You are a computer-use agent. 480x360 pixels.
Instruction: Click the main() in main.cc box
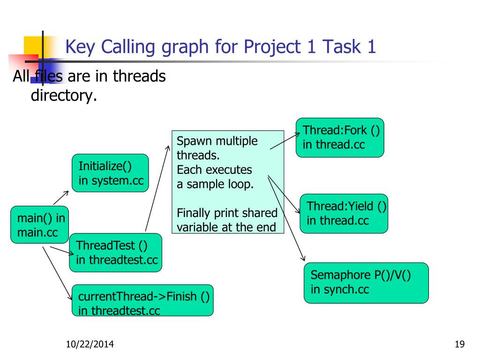pyautogui.click(x=40, y=225)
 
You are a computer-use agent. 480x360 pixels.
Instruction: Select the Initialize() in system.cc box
pyautogui.click(x=110, y=173)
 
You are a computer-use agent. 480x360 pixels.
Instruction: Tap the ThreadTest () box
pyautogui.click(x=115, y=253)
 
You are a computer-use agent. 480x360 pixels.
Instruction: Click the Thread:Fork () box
pyautogui.click(x=340, y=137)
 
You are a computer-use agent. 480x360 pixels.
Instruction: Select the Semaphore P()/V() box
pyautogui.click(x=366, y=283)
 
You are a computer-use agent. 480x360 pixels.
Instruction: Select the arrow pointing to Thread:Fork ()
pyautogui.click(x=285, y=141)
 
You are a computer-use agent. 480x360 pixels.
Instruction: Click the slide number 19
pyautogui.click(x=459, y=345)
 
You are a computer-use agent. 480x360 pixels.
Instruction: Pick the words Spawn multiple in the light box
pyautogui.click(x=217, y=141)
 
